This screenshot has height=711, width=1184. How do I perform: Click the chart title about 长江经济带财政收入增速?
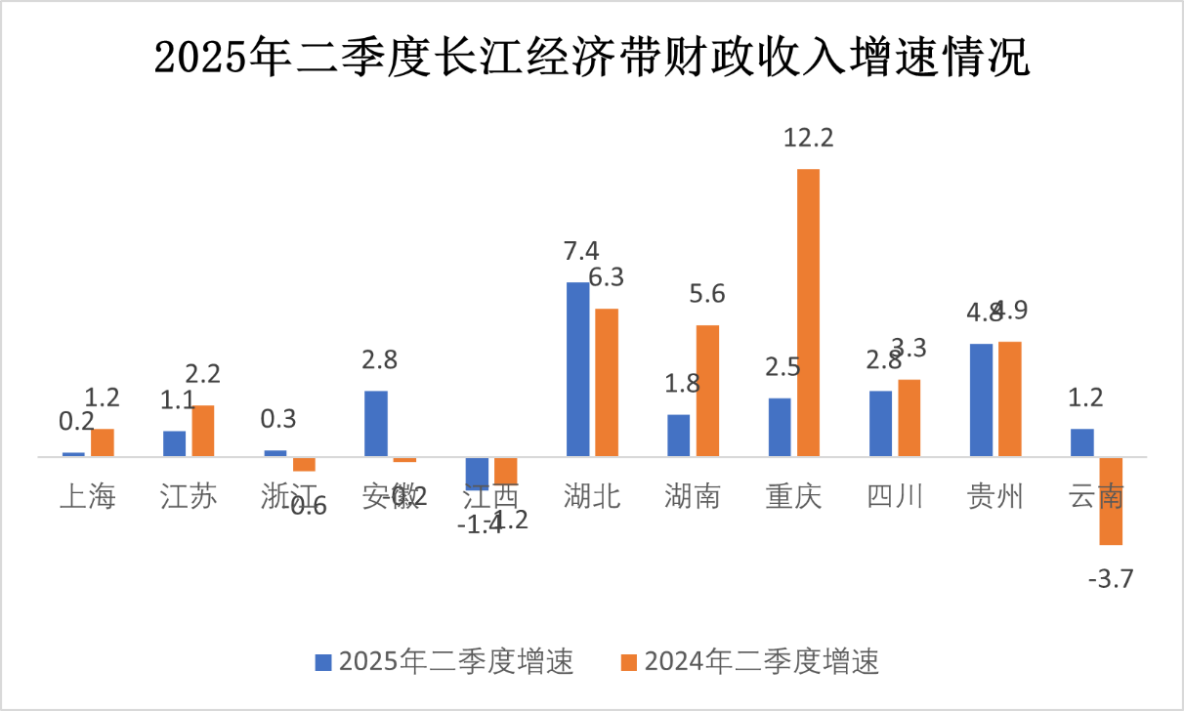592,58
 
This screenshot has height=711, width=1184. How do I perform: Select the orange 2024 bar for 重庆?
808,313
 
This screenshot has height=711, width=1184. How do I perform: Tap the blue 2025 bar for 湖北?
578,369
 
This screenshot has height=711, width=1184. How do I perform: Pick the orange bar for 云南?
1111,500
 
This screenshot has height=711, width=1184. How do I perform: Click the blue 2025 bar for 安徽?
376,423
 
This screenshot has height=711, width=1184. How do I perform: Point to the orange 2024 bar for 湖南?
707,391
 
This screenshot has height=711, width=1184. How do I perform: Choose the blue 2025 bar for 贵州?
981,399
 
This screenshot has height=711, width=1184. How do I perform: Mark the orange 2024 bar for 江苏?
202,431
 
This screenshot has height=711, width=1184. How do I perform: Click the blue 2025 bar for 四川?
880,423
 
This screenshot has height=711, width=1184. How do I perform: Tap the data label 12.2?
808,139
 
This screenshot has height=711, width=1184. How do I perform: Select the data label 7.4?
577,251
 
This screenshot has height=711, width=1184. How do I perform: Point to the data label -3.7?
1110,579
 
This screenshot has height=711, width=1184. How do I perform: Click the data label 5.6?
707,294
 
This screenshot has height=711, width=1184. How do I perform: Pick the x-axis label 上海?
88,497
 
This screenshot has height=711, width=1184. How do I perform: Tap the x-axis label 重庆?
794,497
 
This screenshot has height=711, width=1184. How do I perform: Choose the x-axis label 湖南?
693,497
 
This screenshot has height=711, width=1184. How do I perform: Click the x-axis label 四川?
895,497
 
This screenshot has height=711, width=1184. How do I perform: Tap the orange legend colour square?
629,662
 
